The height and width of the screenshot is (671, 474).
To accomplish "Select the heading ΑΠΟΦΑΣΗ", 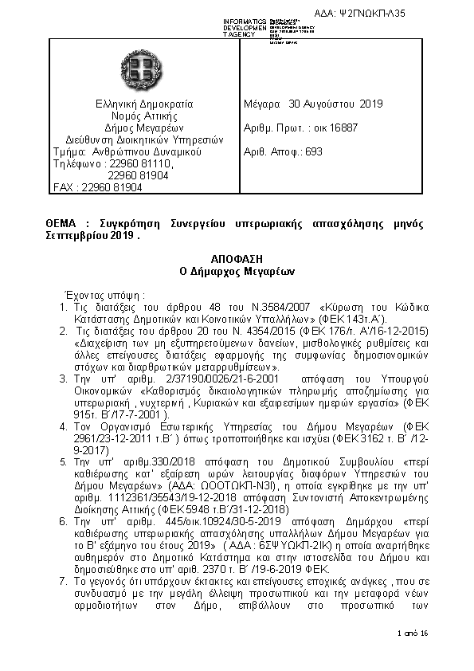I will (x=237, y=260).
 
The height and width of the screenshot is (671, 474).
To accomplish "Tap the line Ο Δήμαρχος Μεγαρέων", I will (x=237, y=271).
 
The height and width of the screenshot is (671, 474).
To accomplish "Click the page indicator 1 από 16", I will (x=413, y=633).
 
